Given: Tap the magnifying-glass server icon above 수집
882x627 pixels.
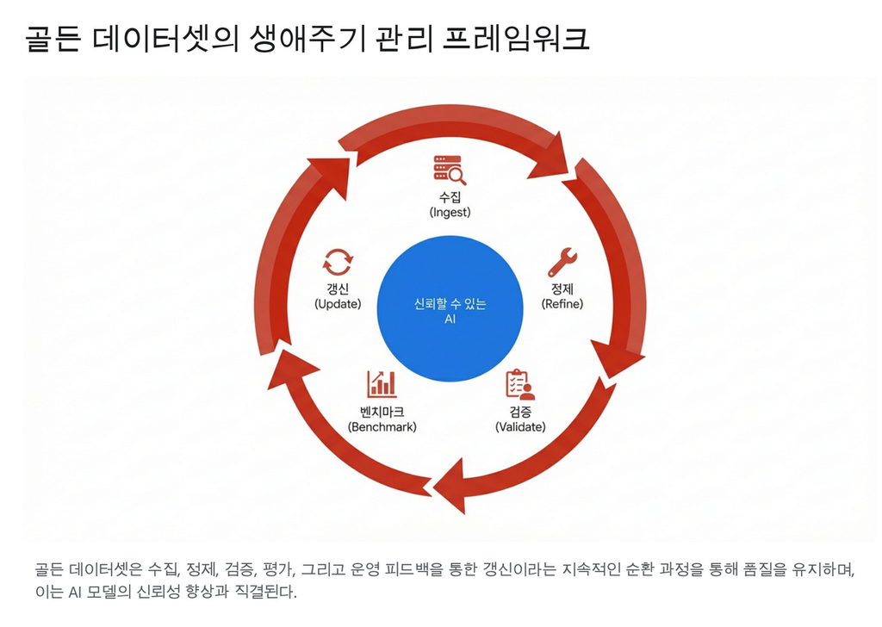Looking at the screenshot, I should (x=450, y=170).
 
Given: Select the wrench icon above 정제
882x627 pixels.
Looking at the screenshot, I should (x=562, y=262).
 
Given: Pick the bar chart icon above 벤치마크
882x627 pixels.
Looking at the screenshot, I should (x=382, y=384).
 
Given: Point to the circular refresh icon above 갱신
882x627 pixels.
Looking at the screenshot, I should (x=338, y=262).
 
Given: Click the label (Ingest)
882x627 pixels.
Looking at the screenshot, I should (x=450, y=212).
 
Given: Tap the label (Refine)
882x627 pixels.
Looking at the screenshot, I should (x=562, y=304).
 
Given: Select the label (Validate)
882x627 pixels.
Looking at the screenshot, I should (x=520, y=426).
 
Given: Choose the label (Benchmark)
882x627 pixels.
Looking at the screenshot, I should (x=382, y=426).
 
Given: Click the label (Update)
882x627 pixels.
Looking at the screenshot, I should (x=338, y=304).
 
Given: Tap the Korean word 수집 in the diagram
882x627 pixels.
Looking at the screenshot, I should (x=450, y=197).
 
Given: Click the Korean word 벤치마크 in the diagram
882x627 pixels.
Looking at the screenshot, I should (x=382, y=412).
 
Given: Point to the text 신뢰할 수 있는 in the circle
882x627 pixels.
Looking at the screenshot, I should (x=450, y=304).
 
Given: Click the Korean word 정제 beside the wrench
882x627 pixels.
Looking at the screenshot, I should (x=562, y=289).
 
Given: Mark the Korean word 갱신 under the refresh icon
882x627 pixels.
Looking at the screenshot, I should (x=338, y=289).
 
